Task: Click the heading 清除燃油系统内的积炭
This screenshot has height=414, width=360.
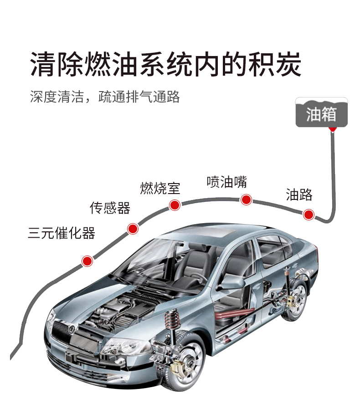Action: point(166,63)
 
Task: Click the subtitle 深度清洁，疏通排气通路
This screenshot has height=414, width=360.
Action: point(105,97)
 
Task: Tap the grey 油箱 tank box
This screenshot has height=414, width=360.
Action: point(321,113)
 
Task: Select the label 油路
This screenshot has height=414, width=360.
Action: point(299,194)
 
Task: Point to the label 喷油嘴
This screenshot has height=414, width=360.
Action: point(226,182)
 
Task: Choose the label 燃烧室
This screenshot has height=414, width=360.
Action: point(160,188)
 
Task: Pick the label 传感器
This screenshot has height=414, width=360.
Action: point(110,208)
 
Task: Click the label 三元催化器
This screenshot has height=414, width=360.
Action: point(62,233)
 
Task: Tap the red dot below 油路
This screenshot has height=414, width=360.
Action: point(309,214)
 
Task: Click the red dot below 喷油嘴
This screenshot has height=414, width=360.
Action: point(246,199)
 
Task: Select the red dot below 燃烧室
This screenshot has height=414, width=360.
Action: point(174,205)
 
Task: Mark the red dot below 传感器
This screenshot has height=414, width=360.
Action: point(133,229)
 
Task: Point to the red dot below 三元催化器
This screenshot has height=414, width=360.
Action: point(87,261)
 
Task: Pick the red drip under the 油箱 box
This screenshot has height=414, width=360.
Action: point(333,129)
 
